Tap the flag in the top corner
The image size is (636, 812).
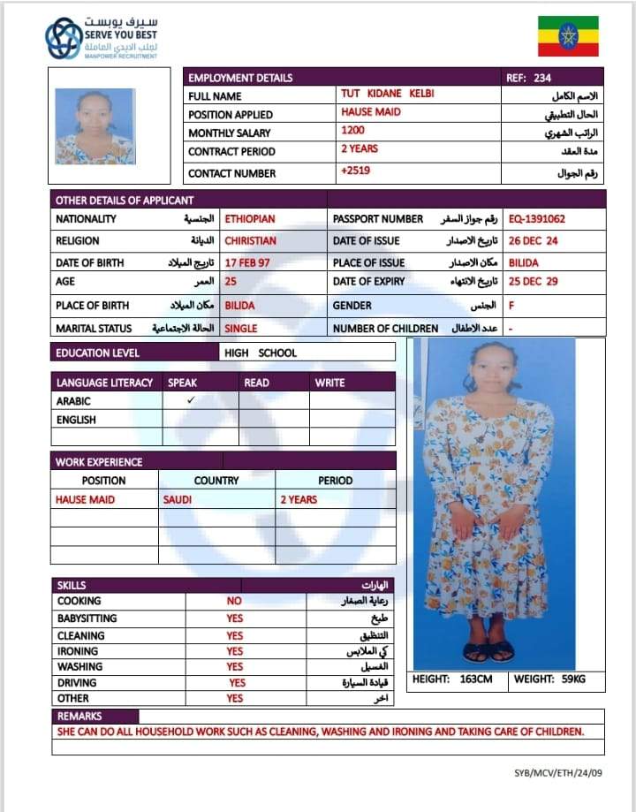pyautogui.click(x=568, y=36)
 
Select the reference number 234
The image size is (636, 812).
pyautogui.click(x=541, y=78)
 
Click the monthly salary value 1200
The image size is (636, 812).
pyautogui.click(x=352, y=130)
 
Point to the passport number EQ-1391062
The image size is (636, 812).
pyautogui.click(x=537, y=219)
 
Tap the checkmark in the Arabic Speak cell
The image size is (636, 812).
pyautogui.click(x=190, y=400)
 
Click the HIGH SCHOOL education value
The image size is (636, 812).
pyautogui.click(x=261, y=353)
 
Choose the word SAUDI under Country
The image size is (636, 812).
pyautogui.click(x=178, y=500)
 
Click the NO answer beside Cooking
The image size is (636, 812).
pyautogui.click(x=234, y=602)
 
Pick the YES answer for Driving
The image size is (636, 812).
pyautogui.click(x=237, y=683)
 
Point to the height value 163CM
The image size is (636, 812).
pyautogui.click(x=475, y=680)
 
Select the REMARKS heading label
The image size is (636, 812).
pyautogui.click(x=79, y=717)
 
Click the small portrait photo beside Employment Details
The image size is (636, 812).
pyautogui.click(x=95, y=126)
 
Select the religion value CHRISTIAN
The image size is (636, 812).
pyautogui.click(x=250, y=241)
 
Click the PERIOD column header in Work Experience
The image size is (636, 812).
pyautogui.click(x=335, y=481)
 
